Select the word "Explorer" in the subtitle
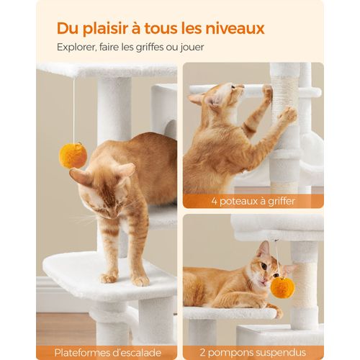(x=78, y=47)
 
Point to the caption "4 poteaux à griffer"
(x=253, y=201)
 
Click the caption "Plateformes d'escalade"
(x=106, y=352)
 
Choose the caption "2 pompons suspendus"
(x=253, y=352)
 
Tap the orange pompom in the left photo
(x=73, y=155)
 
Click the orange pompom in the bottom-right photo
(x=282, y=287)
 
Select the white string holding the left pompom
(x=73, y=108)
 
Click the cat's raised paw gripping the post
(x=287, y=115)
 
